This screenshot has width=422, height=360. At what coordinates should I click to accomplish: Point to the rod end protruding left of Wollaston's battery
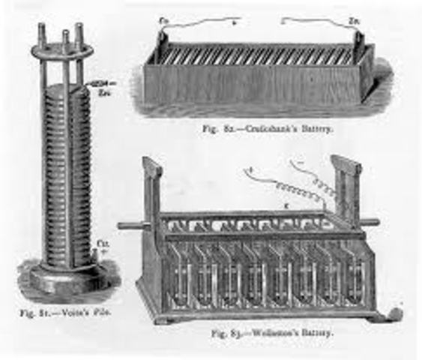point(126,223)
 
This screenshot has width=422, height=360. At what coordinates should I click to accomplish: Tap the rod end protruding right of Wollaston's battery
point(372,222)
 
